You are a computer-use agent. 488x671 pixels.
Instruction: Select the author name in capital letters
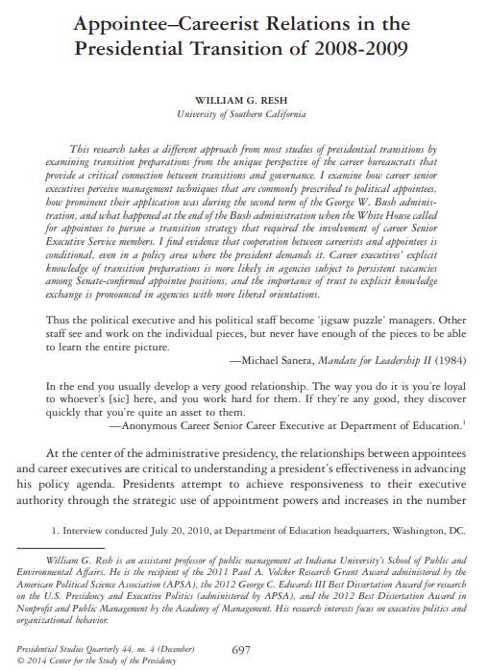244,99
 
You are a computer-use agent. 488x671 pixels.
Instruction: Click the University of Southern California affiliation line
244,115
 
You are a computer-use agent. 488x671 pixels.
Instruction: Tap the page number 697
241,650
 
